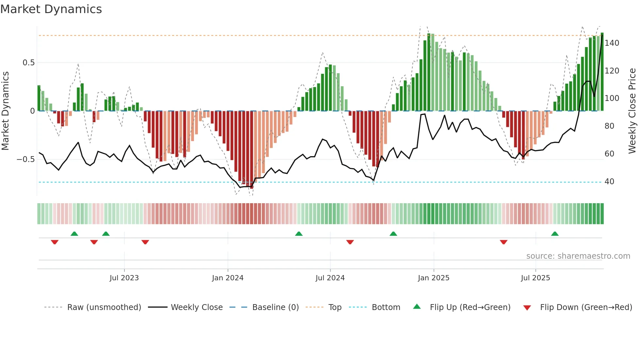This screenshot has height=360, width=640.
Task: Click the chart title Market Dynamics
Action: pos(51,9)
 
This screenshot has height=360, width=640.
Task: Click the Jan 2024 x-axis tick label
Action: pos(228,278)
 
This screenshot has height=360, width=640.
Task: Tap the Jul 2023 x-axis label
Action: pos(124,278)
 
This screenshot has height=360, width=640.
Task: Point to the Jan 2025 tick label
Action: pos(434,278)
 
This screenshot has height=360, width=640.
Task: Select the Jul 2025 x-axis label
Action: pos(536,278)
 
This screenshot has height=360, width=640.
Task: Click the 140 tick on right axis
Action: pos(612,43)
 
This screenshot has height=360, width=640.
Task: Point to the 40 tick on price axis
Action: pos(609,182)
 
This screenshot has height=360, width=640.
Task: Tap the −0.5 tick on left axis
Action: pos(25,159)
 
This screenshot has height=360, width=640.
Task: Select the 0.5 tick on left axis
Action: pos(28,63)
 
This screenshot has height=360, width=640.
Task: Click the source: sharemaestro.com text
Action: pos(578,256)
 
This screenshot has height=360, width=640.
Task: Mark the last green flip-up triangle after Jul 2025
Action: pos(555,234)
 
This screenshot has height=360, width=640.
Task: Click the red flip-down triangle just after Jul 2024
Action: pos(350,242)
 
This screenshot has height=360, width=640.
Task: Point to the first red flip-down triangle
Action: pos(55,242)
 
